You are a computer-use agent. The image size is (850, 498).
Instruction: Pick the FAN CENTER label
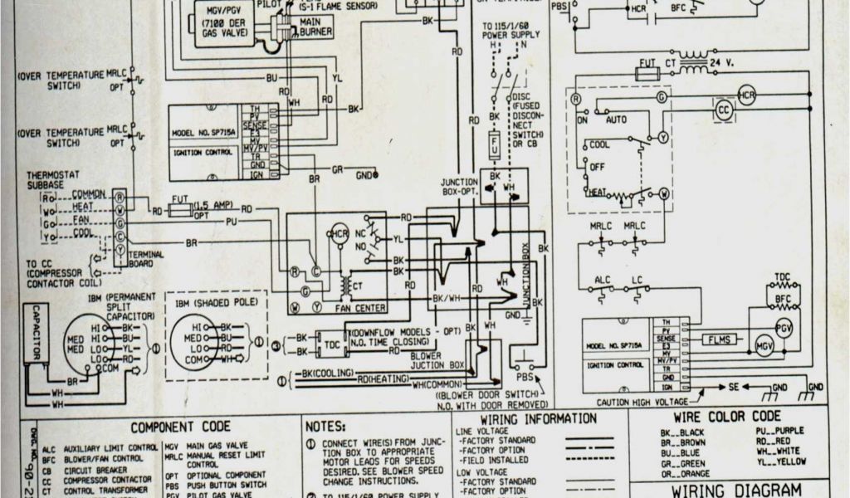point(359,307)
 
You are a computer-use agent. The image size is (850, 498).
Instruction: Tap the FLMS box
point(715,339)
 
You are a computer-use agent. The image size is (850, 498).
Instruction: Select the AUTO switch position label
point(617,120)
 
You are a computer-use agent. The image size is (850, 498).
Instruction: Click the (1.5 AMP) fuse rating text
point(213,205)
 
